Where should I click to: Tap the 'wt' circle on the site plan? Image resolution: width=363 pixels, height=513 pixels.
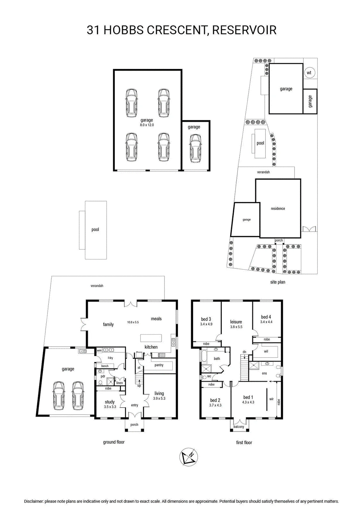pos(309,73)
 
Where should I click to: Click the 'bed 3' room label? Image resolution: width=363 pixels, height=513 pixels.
pos(206,319)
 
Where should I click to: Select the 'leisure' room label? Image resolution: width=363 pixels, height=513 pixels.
pos(236,322)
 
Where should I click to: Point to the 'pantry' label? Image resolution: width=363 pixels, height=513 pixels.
pos(159,365)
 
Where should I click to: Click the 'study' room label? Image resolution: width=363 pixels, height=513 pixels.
pos(110,402)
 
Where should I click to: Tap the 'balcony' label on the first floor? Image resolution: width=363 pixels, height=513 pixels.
pos(239,427)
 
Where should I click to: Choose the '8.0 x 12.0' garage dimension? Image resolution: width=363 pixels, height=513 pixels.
pos(147,125)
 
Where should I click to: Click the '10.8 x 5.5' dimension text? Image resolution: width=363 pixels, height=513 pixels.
pos(133,322)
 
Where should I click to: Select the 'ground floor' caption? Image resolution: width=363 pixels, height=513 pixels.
pos(114,442)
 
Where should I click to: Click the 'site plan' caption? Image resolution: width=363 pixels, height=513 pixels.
pos(278,282)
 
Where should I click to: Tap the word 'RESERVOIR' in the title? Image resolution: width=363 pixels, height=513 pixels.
pos(245,30)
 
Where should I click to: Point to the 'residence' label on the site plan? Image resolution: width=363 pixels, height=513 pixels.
pos(278,209)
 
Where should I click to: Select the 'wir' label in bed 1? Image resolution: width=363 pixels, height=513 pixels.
pos(272,399)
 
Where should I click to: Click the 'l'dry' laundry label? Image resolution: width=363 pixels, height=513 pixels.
pos(110,358)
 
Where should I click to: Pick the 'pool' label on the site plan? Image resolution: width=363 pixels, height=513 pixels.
pos(260,143)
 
